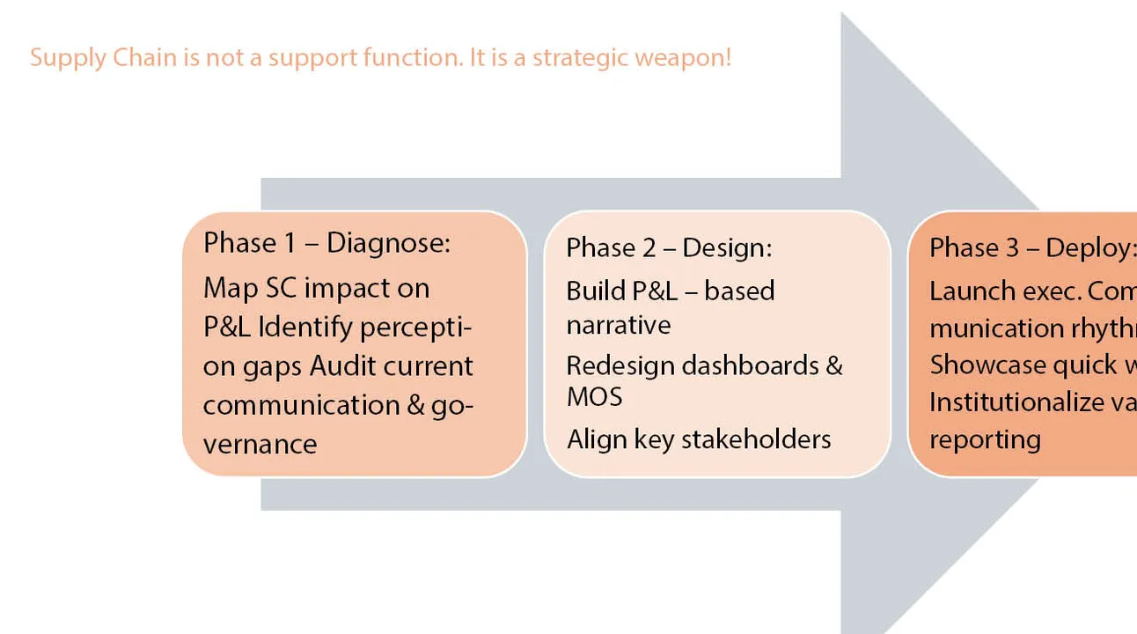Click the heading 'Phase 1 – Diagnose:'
pos(326,243)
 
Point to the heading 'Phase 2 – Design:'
pos(669,248)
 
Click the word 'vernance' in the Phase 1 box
pos(260,443)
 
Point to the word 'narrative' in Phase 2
pos(619,325)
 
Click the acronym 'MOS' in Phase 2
pos(594,397)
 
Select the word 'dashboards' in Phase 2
pos(754,365)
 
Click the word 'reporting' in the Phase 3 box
pos(985,439)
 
